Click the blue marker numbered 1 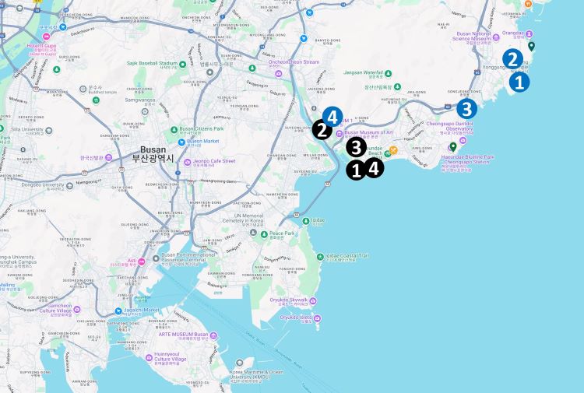point(520,81)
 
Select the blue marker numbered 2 point(512,58)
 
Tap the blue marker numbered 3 point(466,108)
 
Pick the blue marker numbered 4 point(332,117)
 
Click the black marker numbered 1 point(356,170)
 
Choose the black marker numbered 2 point(322,130)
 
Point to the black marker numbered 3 point(356,146)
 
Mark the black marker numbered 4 point(374,167)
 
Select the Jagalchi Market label point(141,310)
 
